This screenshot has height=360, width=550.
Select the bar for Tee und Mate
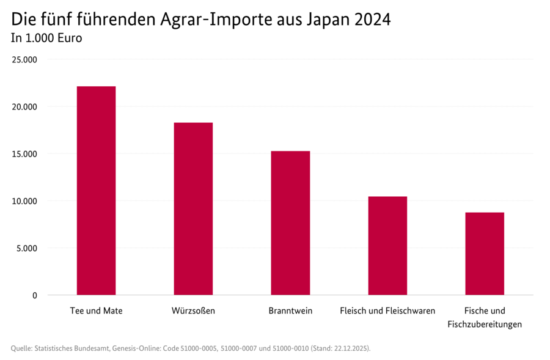(96, 191)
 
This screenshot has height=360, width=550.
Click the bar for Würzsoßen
(193, 209)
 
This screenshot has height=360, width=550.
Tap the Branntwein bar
(290, 223)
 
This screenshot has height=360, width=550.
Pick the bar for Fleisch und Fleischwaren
(387, 246)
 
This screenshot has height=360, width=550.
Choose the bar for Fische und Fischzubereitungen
(485, 254)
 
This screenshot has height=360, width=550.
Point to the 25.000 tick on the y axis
(26, 60)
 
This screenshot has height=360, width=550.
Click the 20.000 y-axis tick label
(26, 107)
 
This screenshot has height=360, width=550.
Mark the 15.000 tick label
(26, 154)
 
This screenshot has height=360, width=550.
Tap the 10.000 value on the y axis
(26, 201)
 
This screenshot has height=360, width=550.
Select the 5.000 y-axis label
(28, 248)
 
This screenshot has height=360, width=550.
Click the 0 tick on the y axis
(34, 295)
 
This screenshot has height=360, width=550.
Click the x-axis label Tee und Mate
(96, 310)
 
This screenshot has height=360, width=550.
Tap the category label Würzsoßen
(193, 310)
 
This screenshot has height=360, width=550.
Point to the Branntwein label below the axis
(290, 310)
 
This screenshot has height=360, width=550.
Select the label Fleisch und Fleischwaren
(387, 310)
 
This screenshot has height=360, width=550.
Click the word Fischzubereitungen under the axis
(485, 325)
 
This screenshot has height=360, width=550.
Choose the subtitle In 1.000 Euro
(46, 38)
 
